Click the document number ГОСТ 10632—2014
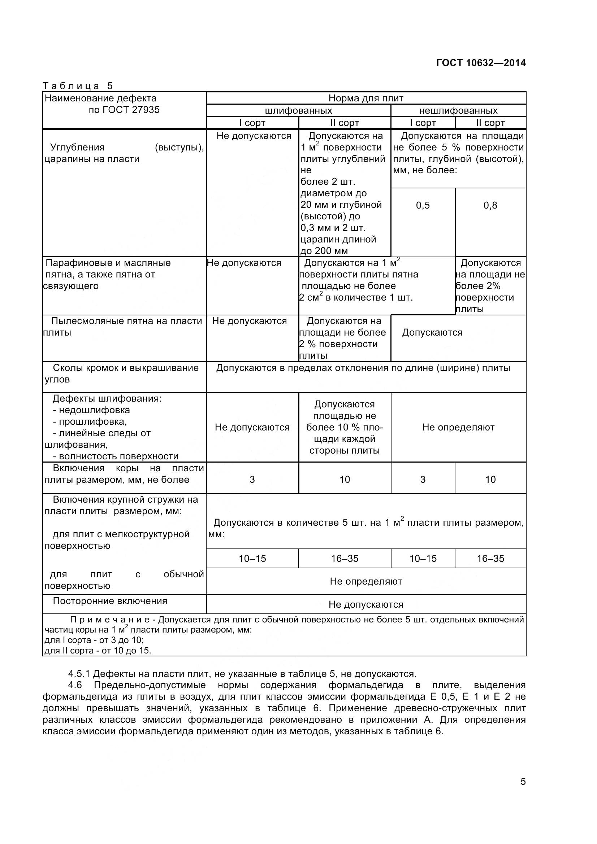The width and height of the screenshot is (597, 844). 481,63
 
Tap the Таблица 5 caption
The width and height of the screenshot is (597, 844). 78,86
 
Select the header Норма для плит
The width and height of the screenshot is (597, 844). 365,98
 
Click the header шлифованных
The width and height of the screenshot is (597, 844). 298,110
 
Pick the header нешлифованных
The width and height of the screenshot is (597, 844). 458,110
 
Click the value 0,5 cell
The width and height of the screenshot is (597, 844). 423,205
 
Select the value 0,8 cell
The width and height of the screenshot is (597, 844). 490,205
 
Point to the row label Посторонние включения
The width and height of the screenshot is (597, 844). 110,601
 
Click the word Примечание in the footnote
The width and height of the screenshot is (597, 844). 112,620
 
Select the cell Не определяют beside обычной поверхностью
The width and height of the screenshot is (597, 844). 365,581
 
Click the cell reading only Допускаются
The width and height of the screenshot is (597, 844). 432,333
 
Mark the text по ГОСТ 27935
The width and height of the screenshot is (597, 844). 124,110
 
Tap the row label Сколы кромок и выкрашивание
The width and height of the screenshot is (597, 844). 125,368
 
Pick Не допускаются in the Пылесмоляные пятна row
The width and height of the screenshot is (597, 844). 249,321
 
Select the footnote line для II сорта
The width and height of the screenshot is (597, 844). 98,651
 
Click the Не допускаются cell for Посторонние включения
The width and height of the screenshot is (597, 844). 365,604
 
